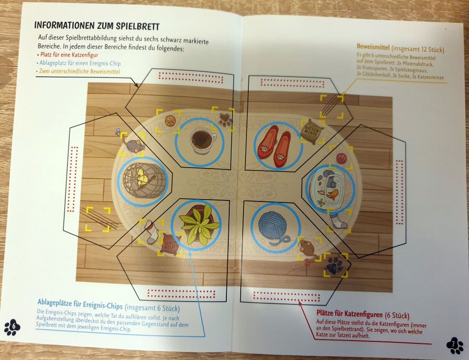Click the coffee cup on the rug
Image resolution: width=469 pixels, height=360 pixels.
[203, 140]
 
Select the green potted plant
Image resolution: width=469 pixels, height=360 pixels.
[199, 225]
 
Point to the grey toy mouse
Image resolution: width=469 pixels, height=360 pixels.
[134, 145]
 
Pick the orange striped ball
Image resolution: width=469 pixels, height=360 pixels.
[170, 120]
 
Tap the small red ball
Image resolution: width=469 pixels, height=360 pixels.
[341, 158]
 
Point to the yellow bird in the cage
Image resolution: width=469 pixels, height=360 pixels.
[142, 177]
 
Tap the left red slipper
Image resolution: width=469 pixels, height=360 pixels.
[267, 142]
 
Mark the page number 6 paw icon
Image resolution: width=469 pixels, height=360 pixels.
[12, 327]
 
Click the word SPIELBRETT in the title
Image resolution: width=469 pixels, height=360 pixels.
[138, 26]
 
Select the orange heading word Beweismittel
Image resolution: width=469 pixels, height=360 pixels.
[373, 47]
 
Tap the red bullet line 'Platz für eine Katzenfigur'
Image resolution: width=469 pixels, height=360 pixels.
[69, 55]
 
